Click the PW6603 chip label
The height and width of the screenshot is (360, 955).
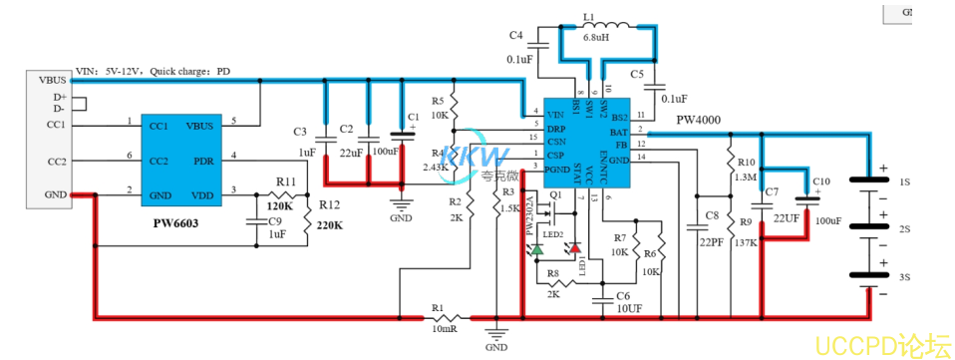click(x=176, y=223)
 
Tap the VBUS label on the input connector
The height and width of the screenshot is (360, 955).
click(x=53, y=80)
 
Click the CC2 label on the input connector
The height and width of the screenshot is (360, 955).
click(x=56, y=161)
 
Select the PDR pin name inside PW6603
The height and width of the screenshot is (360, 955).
click(x=203, y=160)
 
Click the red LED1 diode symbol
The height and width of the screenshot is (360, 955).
click(x=576, y=249)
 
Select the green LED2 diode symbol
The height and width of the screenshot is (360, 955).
click(x=538, y=248)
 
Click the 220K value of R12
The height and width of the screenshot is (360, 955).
click(x=330, y=225)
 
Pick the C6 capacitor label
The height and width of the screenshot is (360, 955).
click(x=623, y=297)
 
